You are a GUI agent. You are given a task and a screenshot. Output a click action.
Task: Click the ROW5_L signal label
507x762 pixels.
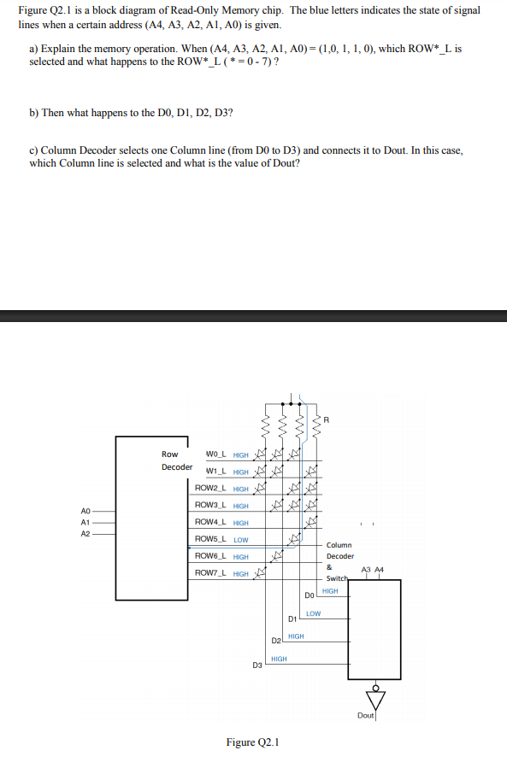click(x=209, y=539)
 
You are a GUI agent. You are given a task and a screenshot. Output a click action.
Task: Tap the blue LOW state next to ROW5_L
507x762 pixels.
click(x=241, y=540)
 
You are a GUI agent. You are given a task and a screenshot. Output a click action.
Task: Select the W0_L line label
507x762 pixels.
click(x=215, y=454)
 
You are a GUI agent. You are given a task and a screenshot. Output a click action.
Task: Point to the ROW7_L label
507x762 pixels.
click(x=209, y=572)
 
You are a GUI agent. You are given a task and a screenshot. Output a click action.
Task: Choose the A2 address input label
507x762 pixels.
click(x=85, y=533)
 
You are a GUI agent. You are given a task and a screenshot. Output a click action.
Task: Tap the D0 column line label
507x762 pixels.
click(x=310, y=595)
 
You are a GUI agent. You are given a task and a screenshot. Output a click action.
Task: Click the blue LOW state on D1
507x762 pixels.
click(x=313, y=613)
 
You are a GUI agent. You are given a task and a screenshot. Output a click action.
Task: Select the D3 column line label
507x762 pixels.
click(x=257, y=664)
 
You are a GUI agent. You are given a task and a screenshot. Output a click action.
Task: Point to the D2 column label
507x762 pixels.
click(x=275, y=641)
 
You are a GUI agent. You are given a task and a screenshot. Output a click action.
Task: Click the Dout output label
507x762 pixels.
click(x=365, y=715)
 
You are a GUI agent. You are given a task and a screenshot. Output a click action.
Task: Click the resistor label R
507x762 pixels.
click(x=326, y=419)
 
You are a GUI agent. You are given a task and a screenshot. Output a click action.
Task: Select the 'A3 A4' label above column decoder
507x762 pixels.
click(x=373, y=569)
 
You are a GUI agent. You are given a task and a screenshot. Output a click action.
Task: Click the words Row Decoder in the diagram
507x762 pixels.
click(x=175, y=460)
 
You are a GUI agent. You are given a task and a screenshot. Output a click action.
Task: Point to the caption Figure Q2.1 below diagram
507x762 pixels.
click(x=253, y=742)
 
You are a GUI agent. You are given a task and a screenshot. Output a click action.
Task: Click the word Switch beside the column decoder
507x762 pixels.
click(x=338, y=578)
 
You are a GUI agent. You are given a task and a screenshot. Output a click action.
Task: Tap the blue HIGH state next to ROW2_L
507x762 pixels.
click(x=241, y=489)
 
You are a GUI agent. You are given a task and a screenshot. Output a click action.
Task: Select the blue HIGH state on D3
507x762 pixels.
click(x=279, y=659)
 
